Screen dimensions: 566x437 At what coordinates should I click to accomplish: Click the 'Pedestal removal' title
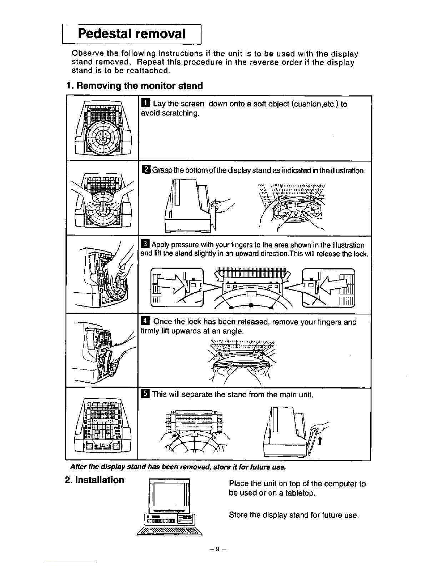pyautogui.click(x=132, y=34)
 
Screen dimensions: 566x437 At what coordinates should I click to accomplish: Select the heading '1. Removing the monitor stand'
pyautogui.click(x=135, y=86)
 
